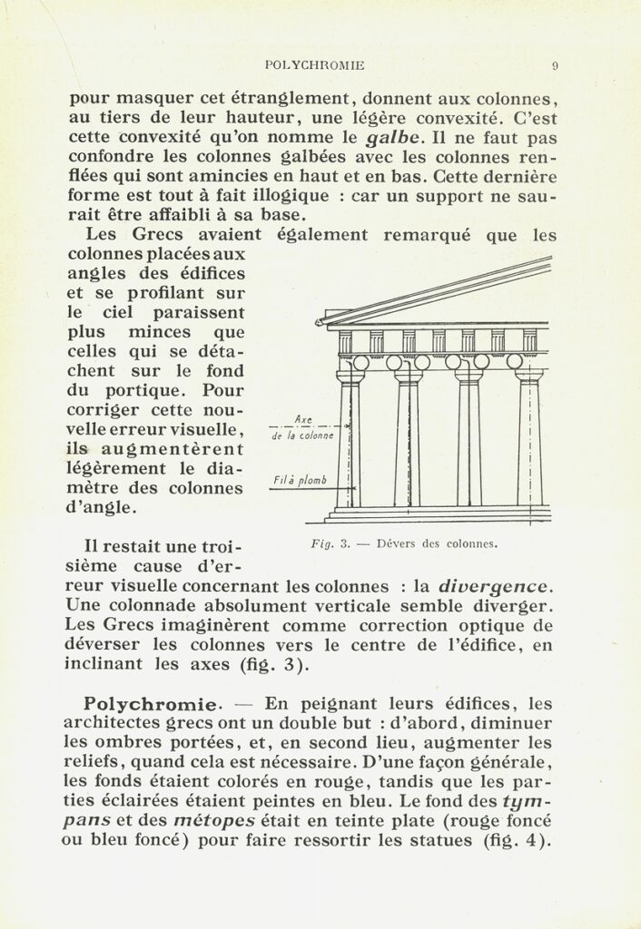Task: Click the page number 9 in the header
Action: pyautogui.click(x=554, y=65)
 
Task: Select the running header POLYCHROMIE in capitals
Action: pyautogui.click(x=313, y=65)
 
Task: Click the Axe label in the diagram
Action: pyautogui.click(x=304, y=419)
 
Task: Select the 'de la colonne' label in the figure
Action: pyautogui.click(x=302, y=436)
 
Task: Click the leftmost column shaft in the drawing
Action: pyautogui.click(x=350, y=445)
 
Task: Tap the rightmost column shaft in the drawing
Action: pyautogui.click(x=529, y=445)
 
